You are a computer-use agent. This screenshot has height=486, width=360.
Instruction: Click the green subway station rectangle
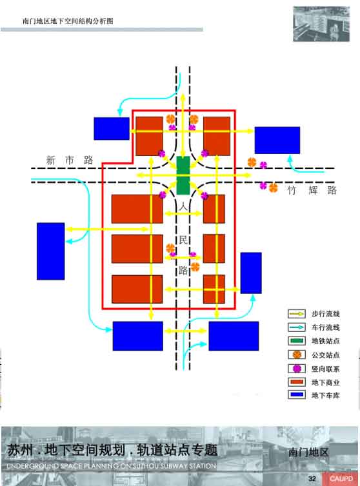pos(183,175)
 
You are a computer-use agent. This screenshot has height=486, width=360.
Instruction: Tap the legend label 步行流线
pos(326,314)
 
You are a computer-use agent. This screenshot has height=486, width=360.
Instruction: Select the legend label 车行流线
pos(326,327)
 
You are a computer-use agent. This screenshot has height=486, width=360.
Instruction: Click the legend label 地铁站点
pos(326,341)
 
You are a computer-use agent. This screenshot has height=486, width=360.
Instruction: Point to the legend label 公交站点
pos(326,355)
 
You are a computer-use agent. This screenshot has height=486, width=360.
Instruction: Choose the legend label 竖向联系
pos(326,369)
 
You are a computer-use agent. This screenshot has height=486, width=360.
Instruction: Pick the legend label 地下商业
pos(326,382)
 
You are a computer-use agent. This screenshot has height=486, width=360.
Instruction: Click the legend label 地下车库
pos(326,396)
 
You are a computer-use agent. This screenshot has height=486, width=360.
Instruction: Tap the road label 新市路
pos(70,160)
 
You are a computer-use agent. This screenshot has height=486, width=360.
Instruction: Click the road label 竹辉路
pos(312,190)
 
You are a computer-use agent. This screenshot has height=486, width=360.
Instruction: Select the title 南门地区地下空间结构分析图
pos(68,21)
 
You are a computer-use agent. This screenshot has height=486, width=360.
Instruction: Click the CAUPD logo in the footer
pos(341,479)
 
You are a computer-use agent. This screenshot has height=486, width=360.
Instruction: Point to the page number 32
pos(312,479)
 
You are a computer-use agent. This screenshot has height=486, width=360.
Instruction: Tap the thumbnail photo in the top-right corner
pos(321,24)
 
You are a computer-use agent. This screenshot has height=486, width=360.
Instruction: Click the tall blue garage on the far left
pos(50,251)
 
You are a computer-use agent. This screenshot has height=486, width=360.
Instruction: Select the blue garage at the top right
pos(277,140)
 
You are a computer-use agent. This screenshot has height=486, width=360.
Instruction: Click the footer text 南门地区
pos(308,452)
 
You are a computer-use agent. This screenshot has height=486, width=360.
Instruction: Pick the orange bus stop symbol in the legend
pos(297,355)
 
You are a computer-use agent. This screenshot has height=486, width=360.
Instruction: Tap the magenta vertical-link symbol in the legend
pos(297,369)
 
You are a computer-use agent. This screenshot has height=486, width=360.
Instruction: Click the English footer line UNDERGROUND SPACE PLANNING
pos(111,466)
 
